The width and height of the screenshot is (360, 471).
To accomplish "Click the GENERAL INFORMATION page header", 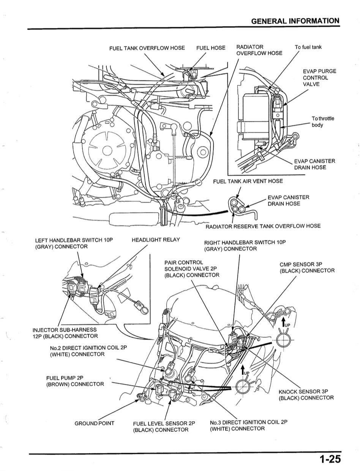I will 295,21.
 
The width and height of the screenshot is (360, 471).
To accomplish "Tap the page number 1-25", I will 329,460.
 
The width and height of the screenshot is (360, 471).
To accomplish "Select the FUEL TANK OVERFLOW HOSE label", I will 147,48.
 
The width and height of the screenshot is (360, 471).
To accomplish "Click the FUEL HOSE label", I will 210,48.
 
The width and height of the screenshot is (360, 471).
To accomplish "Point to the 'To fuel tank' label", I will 308,47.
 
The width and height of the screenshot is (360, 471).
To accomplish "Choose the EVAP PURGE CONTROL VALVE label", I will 319,77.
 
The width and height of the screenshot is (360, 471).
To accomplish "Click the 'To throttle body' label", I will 322,121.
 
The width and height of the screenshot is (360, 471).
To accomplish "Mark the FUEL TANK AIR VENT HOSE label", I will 248,181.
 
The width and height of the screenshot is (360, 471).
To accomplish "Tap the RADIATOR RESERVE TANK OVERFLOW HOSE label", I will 263,226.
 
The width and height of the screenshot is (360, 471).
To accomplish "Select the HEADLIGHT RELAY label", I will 155,240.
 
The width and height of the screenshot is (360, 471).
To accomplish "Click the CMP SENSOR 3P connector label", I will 307,268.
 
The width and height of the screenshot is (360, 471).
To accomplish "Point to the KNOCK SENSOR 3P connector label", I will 306,395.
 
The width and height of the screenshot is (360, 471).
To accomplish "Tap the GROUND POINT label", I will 94,423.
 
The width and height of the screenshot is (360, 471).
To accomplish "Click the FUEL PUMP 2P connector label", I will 75,381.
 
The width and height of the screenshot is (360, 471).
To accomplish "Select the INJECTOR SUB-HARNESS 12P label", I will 65,333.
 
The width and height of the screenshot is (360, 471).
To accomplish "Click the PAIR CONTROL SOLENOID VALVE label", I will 191,269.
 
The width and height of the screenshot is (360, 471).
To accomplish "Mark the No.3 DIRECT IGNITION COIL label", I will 248,425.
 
